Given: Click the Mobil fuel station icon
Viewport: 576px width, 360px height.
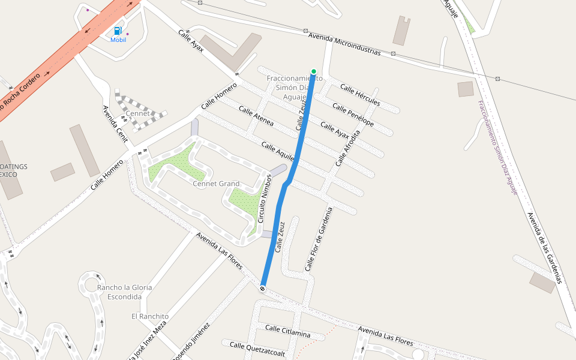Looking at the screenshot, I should (118, 31).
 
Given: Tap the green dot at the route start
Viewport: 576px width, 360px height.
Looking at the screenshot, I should (313, 71).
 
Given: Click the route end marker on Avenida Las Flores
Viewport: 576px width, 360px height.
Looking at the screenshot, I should (263, 289).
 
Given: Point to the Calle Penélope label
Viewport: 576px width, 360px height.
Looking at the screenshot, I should (353, 116).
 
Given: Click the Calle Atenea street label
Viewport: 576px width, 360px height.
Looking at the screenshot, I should (256, 116).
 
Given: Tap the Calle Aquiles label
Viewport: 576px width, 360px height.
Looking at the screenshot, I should (277, 151).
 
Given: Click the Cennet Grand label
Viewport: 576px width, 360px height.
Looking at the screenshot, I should (216, 184).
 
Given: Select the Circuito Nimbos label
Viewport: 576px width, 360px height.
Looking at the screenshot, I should (265, 199).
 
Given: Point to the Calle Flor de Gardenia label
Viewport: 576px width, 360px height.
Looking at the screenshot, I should (318, 239).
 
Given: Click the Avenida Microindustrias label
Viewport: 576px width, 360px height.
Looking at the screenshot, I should (344, 44).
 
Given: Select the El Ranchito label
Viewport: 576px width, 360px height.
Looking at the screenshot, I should (150, 316).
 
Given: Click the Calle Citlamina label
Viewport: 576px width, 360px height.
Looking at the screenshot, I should (288, 331).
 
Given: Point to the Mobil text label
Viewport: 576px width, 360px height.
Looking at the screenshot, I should (118, 40).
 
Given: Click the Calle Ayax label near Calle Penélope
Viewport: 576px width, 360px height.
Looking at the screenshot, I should (335, 131).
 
